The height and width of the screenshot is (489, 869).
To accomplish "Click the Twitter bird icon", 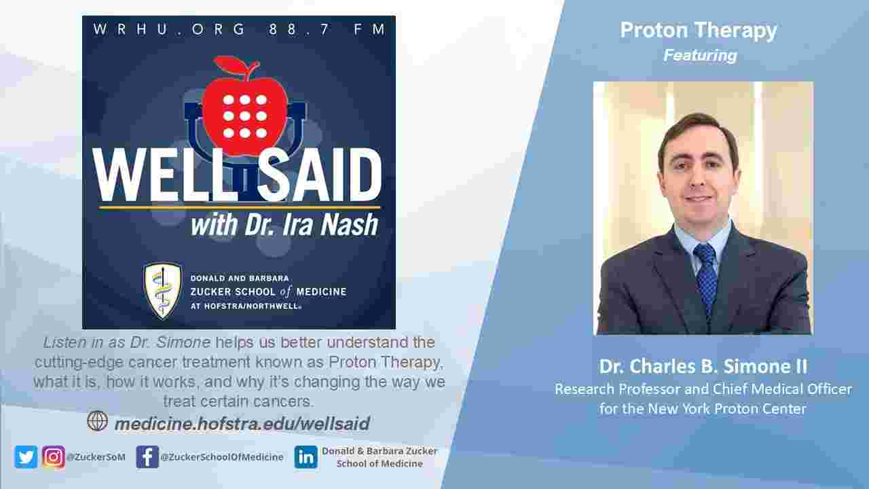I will (26, 456).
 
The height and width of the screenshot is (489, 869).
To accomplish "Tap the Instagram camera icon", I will (54, 456).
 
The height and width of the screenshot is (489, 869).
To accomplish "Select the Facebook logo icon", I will (147, 456).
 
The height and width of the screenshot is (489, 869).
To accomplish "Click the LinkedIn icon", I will (306, 456).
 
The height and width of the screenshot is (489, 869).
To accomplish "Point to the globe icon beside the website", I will (98, 421).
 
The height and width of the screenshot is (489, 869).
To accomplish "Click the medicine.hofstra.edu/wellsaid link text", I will (242, 424).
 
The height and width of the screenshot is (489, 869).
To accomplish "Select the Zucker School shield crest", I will (162, 290).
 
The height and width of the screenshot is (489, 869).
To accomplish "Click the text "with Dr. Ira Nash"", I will (284, 224).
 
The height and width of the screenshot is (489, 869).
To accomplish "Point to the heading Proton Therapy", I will (699, 31).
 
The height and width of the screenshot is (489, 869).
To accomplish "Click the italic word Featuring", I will (700, 56).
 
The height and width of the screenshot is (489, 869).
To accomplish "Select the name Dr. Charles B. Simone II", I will (703, 367).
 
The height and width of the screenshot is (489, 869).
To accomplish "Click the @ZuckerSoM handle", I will (96, 457).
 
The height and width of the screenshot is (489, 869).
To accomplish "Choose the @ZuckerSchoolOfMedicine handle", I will (222, 457).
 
